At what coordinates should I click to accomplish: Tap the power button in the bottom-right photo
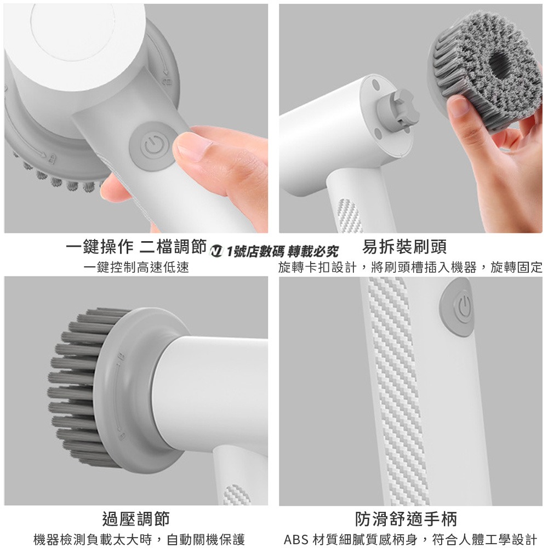(463, 309)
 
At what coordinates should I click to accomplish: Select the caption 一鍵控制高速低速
(136, 267)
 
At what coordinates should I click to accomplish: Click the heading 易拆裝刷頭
(404, 248)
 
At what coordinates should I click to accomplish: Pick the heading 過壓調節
(136, 518)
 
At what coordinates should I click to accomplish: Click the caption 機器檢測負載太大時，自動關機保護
(139, 539)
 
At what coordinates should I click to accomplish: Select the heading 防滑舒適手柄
(406, 518)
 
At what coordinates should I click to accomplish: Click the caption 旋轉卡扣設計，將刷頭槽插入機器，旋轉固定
(410, 267)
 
